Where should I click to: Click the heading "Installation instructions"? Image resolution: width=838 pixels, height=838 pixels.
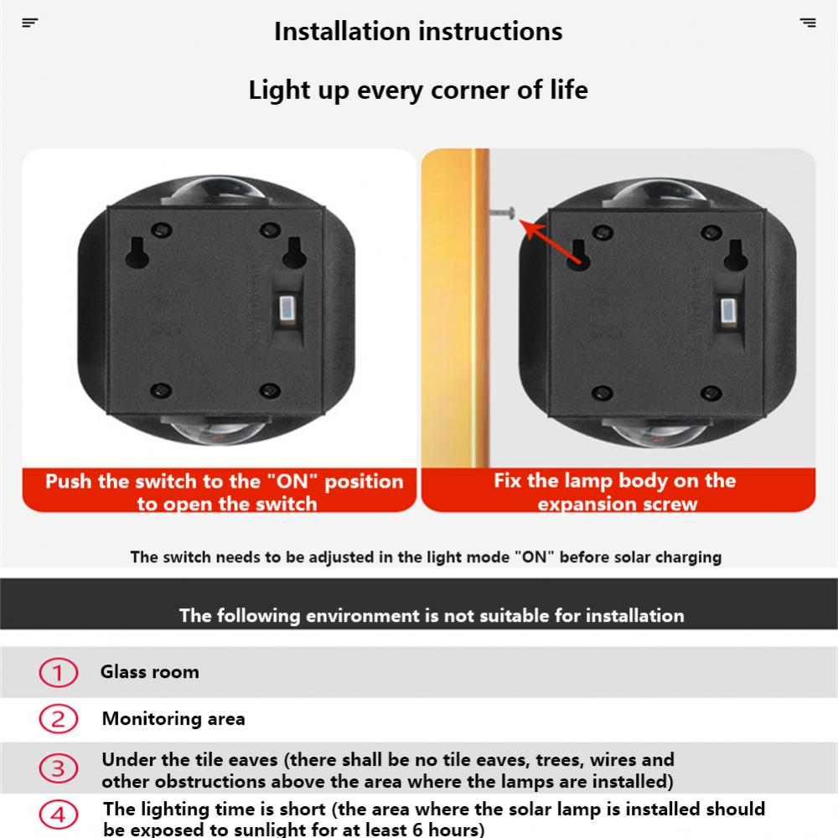[418, 32]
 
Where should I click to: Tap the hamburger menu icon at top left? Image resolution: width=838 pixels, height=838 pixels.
[30, 23]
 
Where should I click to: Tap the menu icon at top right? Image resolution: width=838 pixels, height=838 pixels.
[808, 23]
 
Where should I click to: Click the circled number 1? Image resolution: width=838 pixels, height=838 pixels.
[58, 673]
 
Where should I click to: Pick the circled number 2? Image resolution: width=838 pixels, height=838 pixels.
[58, 719]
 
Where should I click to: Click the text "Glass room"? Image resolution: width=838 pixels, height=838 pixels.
[150, 672]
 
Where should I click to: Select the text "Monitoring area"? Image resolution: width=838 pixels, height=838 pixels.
[173, 719]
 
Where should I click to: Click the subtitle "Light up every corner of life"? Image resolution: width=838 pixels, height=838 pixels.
[418, 91]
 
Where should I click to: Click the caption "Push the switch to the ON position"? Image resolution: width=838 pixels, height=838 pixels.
[224, 492]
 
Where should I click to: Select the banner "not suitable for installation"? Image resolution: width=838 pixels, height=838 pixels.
[432, 616]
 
